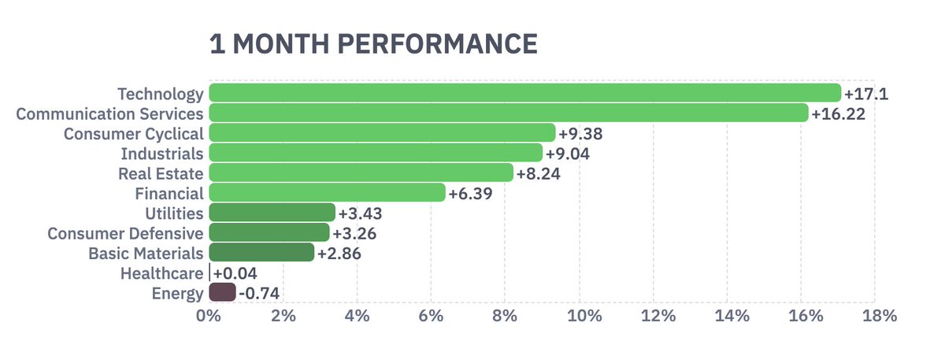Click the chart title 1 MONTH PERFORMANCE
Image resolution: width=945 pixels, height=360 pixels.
pos(373,44)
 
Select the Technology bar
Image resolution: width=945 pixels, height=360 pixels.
pos(524,94)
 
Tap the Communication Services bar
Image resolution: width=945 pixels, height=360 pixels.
pos(508,113)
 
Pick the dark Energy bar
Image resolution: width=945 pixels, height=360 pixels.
pos(222,294)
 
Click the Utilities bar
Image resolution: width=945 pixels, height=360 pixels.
pos(272,213)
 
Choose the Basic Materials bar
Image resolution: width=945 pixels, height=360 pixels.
pos(261,254)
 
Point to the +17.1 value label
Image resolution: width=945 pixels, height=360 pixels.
pos(866,95)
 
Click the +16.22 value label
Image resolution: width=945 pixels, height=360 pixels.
pos(838,114)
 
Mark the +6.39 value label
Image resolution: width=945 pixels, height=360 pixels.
pos(470,194)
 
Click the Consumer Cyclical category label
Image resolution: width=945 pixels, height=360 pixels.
pos(133,134)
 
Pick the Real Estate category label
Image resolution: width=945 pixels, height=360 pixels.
pos(161,174)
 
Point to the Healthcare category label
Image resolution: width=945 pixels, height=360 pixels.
pos(161,274)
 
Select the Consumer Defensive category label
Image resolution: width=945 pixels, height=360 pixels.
pos(125,234)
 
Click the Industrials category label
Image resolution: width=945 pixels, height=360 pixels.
pos(162,154)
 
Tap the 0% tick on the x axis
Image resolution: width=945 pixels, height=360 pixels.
pos(208,317)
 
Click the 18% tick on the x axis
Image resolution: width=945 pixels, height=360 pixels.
pos(880,317)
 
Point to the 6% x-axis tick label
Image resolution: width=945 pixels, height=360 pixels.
pos(431,317)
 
